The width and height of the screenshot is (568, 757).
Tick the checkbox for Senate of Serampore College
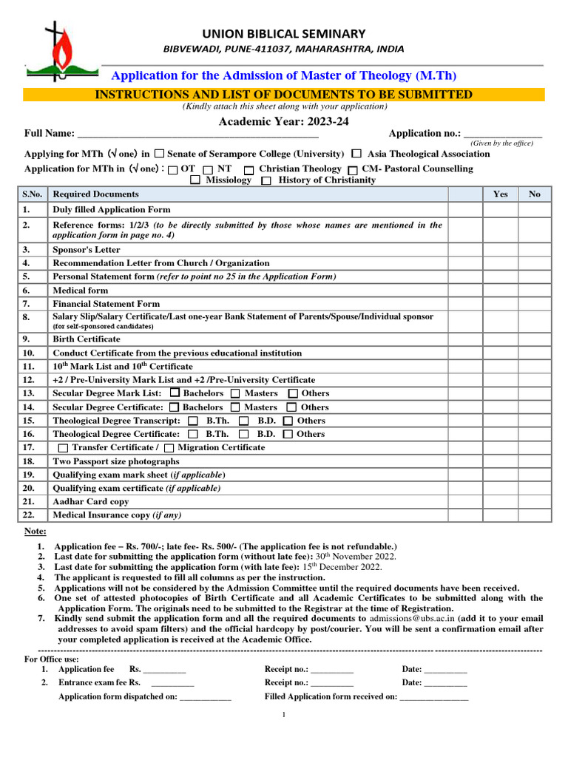coord(159,154)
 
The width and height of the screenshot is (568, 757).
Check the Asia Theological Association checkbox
coord(356,154)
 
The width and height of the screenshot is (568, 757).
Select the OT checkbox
coord(172,170)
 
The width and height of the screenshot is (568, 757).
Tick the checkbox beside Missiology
coord(195,180)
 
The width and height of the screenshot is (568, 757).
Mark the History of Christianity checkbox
coord(266,180)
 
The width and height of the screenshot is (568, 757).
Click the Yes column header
coord(500,194)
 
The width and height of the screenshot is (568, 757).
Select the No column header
coord(534,194)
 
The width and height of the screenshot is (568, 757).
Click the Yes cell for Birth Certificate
coord(500,339)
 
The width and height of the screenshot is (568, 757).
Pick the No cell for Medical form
coord(534,291)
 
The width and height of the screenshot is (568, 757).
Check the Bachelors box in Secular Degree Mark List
coord(175,393)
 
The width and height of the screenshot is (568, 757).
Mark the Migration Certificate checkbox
coord(170,448)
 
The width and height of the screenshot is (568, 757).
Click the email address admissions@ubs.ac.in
coord(411,618)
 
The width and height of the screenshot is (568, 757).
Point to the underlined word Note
coord(35,531)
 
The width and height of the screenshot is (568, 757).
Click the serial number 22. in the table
coord(29,515)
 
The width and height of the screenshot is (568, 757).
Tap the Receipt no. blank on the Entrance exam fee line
coord(332,683)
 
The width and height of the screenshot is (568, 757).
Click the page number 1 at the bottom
coord(284,715)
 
